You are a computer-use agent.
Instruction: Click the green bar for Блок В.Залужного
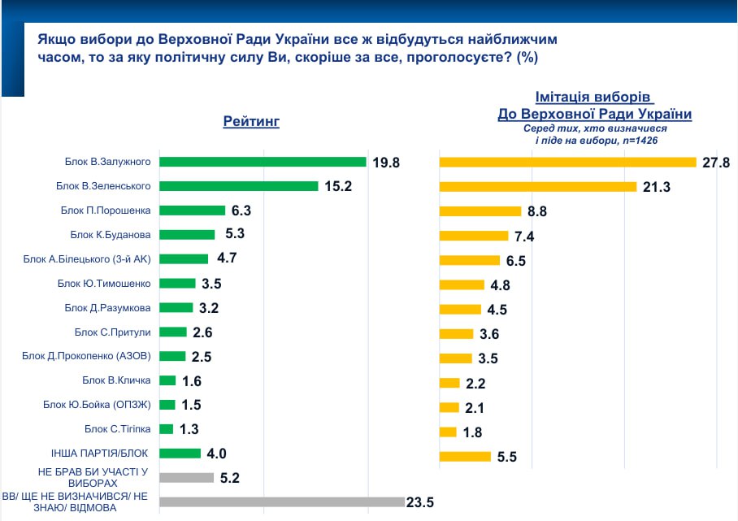point(263,162)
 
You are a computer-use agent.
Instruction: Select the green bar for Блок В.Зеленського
point(238,186)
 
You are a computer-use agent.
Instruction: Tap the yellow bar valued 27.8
point(568,163)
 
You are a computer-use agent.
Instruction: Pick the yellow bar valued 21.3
point(537,187)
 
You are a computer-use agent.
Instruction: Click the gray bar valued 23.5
point(281,502)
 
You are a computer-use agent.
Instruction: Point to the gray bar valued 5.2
point(186,478)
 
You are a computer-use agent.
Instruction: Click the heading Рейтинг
point(251,122)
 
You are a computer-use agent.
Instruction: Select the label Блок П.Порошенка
point(106,211)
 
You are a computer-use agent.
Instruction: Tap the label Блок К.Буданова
point(111,235)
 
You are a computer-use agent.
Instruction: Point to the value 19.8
point(387,163)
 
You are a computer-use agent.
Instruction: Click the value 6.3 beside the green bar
point(241,211)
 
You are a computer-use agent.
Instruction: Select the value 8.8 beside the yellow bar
point(536,211)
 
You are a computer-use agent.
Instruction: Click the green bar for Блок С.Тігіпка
point(167,428)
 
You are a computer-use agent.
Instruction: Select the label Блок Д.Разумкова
point(108,307)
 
